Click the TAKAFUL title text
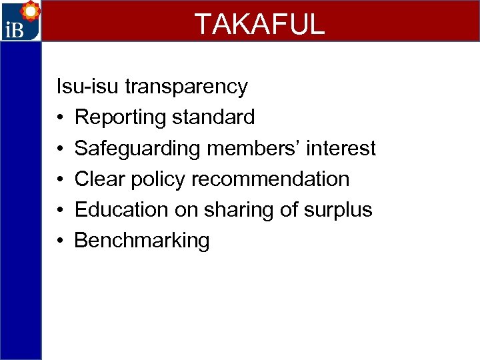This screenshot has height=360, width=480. coord(259,23)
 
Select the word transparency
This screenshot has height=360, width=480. coord(187,87)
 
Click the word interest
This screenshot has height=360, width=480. coord(341,148)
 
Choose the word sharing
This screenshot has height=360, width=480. coord(237,210)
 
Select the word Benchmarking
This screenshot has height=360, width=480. coord(142,241)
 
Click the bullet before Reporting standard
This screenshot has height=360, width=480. coord(60,118)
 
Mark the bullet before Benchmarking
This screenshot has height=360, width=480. coord(60,241)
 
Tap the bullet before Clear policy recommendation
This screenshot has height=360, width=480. coord(60,179)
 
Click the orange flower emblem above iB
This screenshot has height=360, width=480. coord(29,10)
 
